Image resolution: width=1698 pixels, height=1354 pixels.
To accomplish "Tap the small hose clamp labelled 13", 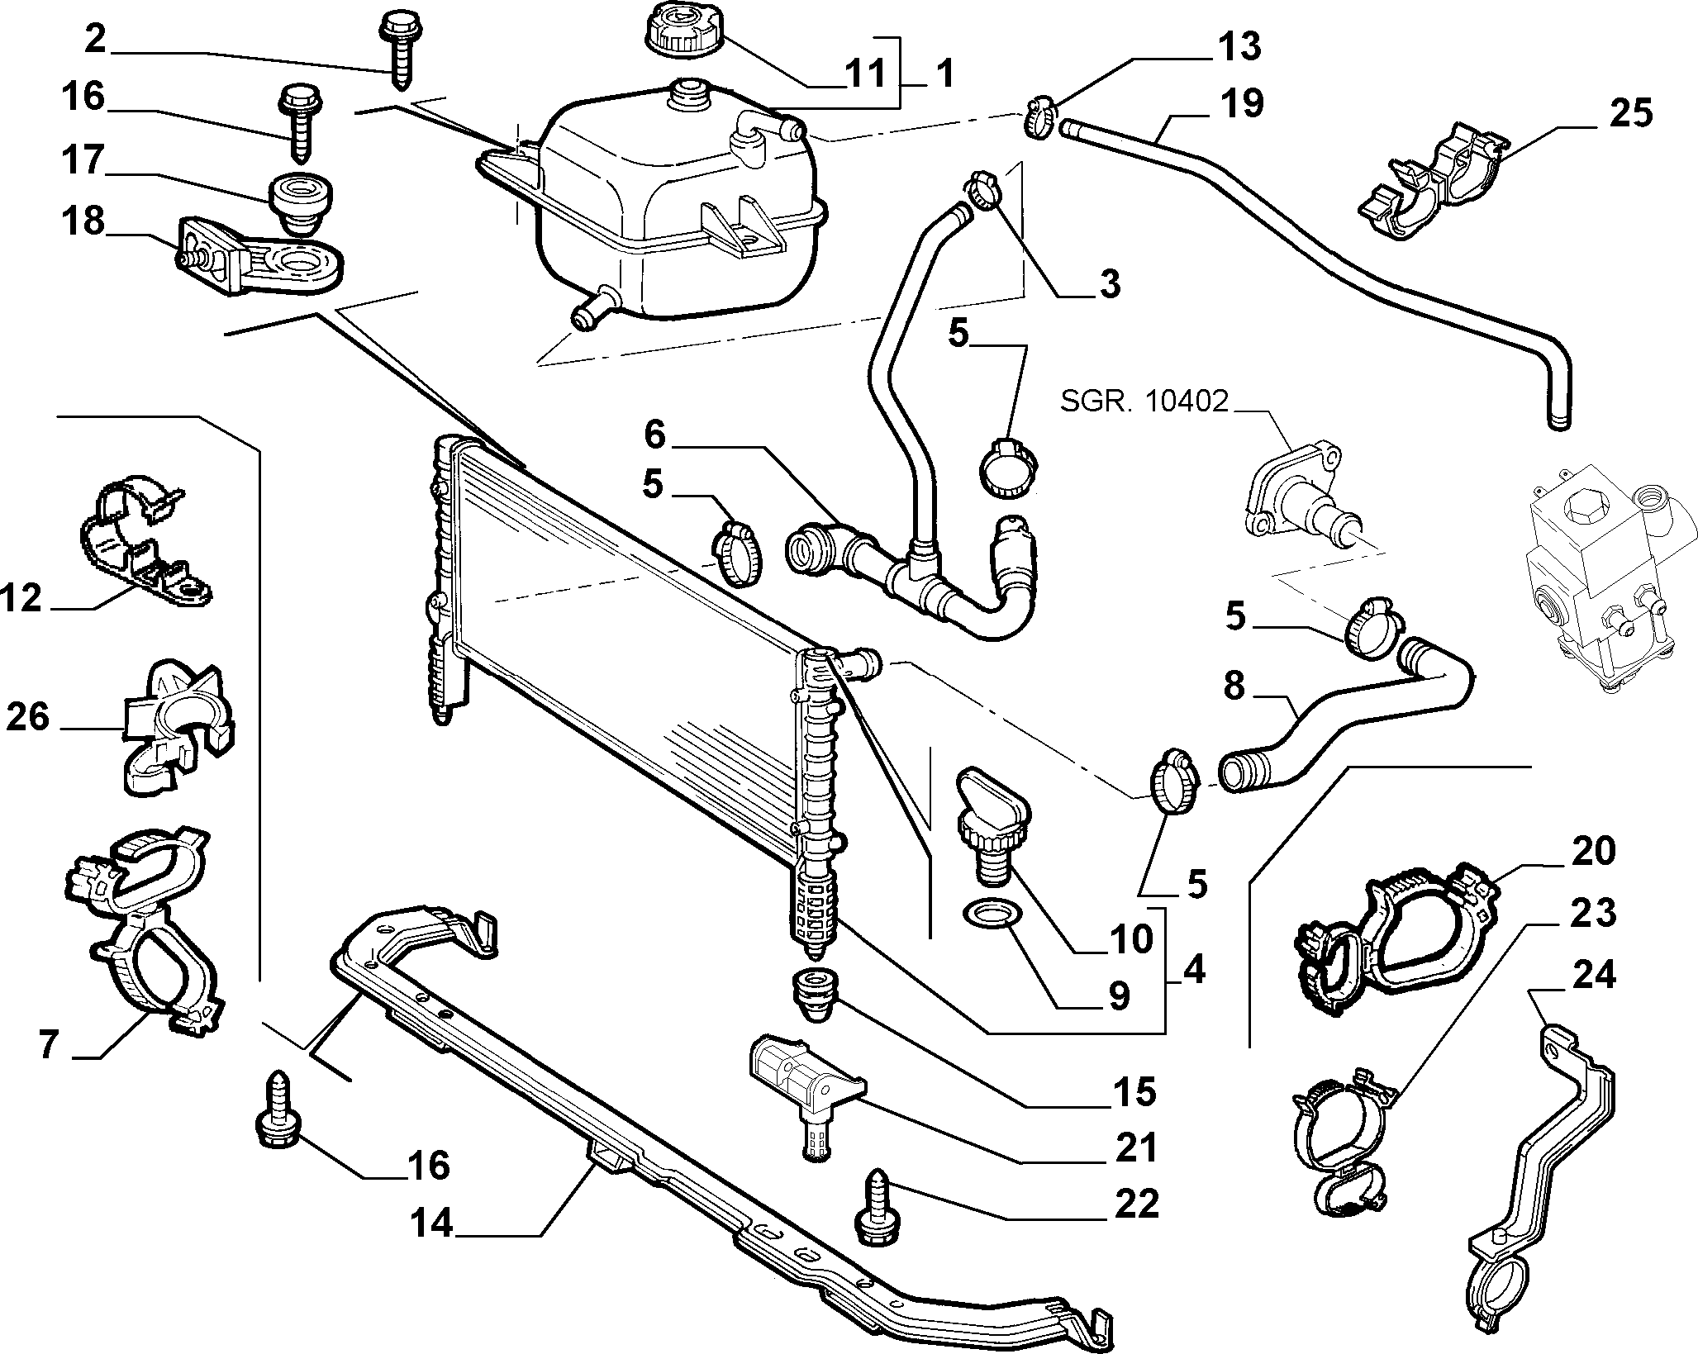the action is (x=1041, y=117).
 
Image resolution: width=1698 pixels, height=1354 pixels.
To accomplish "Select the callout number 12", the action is (x=23, y=597).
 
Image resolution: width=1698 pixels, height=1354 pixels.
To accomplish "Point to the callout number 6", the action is (x=654, y=435).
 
